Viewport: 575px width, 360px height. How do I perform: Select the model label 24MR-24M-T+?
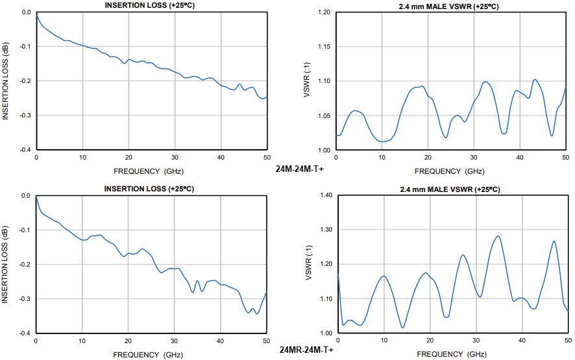[x=307, y=350]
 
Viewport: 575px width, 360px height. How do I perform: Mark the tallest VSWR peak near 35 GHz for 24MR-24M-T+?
[x=498, y=236]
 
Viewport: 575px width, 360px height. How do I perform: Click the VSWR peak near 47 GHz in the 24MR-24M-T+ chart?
[x=554, y=241]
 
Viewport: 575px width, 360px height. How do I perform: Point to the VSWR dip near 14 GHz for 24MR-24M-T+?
[x=402, y=328]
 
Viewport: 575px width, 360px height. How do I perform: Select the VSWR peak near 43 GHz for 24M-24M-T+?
[x=535, y=80]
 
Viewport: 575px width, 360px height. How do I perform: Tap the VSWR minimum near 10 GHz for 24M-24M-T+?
[x=384, y=141]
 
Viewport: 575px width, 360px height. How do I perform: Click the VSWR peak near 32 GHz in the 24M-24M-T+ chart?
[x=485, y=82]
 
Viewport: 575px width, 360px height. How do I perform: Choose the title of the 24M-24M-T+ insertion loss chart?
[x=151, y=6]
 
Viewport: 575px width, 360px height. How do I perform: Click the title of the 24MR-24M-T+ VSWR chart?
[x=449, y=189]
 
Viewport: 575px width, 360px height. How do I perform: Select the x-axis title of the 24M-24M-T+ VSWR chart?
[x=449, y=171]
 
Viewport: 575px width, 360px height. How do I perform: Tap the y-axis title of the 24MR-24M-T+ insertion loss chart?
[x=5, y=263]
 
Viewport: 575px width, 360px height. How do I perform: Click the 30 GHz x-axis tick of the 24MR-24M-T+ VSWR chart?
[x=475, y=341]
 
